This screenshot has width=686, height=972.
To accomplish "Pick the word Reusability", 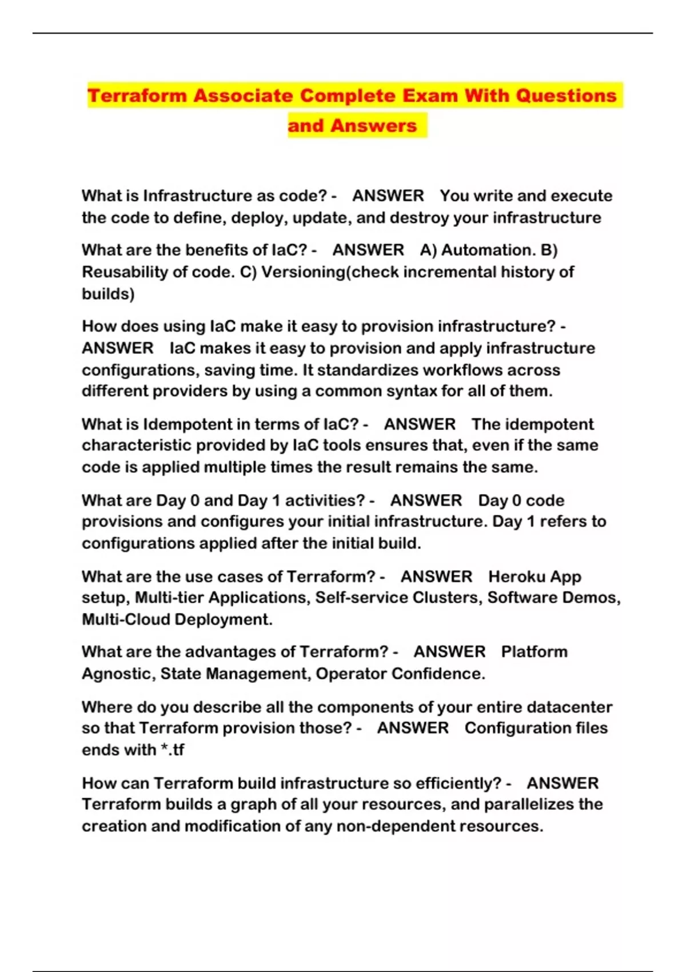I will [x=125, y=272].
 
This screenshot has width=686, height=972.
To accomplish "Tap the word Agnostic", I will [x=118, y=674].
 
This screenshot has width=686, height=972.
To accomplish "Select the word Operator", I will [x=351, y=674].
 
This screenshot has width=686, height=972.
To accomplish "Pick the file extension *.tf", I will [x=172, y=750].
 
